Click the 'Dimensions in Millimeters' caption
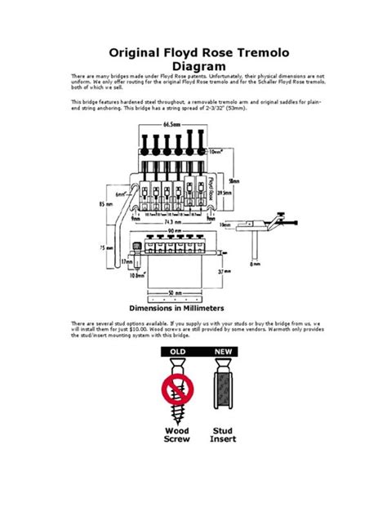click(193, 309)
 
